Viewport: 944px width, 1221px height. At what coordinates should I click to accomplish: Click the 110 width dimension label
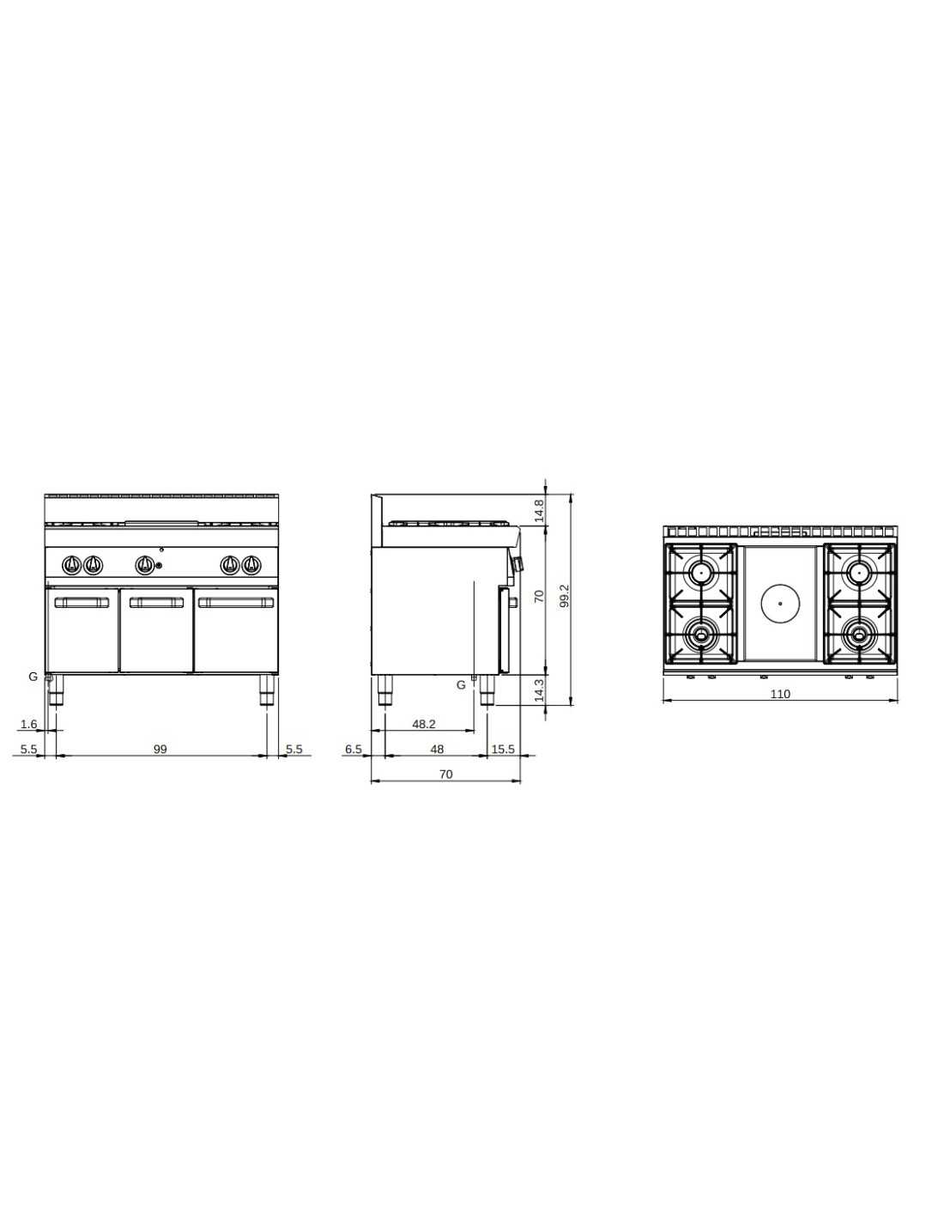pyautogui.click(x=779, y=694)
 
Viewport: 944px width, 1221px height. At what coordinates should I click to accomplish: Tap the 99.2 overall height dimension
pyautogui.click(x=566, y=596)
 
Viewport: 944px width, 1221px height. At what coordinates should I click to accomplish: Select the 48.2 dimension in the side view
pyautogui.click(x=423, y=725)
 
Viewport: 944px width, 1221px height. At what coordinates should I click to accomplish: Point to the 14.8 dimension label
pyautogui.click(x=539, y=510)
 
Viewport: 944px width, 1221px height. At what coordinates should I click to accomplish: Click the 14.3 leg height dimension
pyautogui.click(x=539, y=689)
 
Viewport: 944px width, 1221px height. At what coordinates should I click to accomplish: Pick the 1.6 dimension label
pyautogui.click(x=28, y=725)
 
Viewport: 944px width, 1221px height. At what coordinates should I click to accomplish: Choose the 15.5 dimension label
pyautogui.click(x=503, y=749)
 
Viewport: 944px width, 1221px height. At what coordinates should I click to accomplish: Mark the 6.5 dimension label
pyautogui.click(x=354, y=749)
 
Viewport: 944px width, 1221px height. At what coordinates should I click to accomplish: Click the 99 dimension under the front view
pyautogui.click(x=160, y=749)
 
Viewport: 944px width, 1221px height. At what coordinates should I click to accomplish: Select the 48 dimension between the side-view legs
pyautogui.click(x=436, y=749)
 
